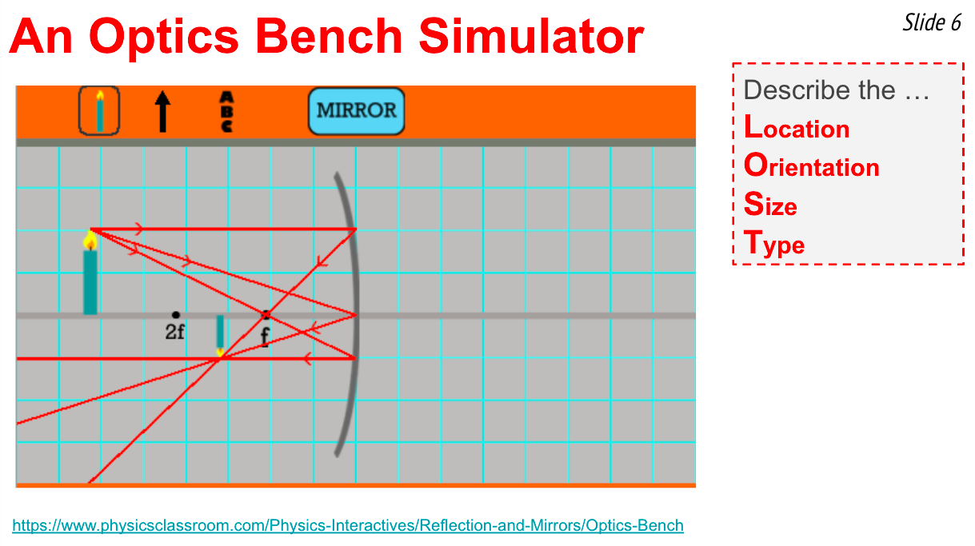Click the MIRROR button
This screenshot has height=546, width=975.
pyautogui.click(x=356, y=111)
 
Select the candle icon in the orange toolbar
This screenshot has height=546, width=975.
pyautogui.click(x=99, y=111)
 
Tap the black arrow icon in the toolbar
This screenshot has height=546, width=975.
pyautogui.click(x=163, y=111)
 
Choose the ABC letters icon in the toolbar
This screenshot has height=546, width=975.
pyautogui.click(x=227, y=112)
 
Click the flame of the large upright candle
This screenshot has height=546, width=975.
pyautogui.click(x=90, y=241)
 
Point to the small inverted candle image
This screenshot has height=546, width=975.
pyautogui.click(x=220, y=336)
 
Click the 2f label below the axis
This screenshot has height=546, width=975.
pyautogui.click(x=174, y=332)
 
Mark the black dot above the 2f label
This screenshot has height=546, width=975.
pyautogui.click(x=176, y=314)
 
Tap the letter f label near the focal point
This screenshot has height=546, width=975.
pyautogui.click(x=265, y=337)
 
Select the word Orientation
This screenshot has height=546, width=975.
pyautogui.click(x=811, y=165)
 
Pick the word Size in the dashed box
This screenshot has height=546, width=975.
pyautogui.click(x=770, y=204)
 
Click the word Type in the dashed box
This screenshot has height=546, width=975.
pyautogui.click(x=774, y=243)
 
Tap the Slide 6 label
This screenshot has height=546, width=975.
pyautogui.click(x=932, y=22)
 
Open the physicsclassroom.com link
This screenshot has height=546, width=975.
pyautogui.click(x=348, y=525)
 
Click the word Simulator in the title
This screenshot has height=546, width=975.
pyautogui.click(x=531, y=37)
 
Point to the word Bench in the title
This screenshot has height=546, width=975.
pyautogui.click(x=329, y=37)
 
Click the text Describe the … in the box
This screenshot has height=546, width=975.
pyautogui.click(x=836, y=90)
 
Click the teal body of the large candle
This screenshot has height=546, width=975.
pyautogui.click(x=90, y=282)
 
